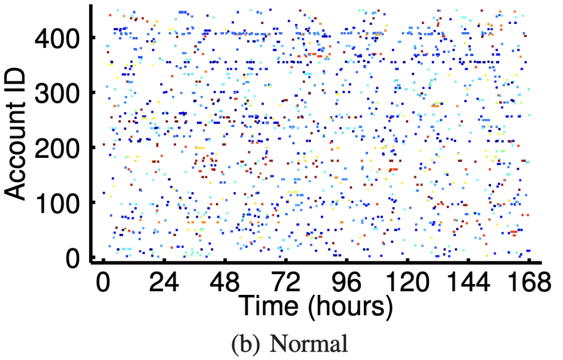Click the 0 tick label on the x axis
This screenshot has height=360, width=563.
pyautogui.click(x=103, y=283)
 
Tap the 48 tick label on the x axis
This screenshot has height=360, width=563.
pyautogui.click(x=227, y=283)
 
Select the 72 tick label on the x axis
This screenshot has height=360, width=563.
pyautogui.click(x=288, y=283)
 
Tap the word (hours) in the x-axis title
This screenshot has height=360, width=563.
pyautogui.click(x=350, y=309)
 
